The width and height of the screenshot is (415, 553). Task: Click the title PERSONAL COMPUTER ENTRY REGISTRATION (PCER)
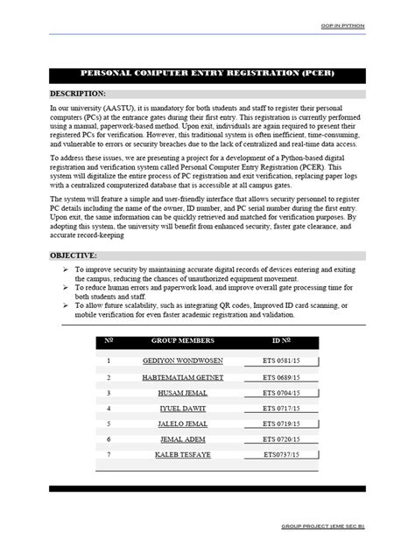pos(207,75)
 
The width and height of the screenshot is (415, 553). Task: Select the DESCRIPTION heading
pos(78,93)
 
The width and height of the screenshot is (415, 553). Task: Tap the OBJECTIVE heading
pos(73,255)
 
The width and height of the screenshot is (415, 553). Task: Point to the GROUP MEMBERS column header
pos(182,340)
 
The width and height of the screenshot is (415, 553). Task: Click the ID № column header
pos(281,340)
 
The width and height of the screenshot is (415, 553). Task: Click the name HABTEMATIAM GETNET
pos(182,377)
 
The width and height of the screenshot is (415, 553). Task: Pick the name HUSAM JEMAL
pos(182,393)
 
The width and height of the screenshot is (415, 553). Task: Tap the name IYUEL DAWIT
pos(182,409)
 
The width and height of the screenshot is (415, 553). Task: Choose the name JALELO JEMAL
pos(182,424)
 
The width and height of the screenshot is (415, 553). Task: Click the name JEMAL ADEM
pos(182,439)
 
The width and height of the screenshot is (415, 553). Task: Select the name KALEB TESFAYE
pos(182,455)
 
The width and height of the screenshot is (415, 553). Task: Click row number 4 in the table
pos(109,409)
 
